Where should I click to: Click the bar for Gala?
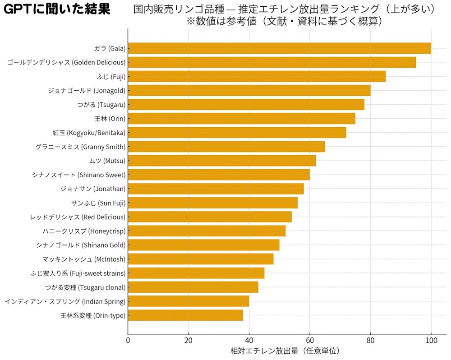coord(280,48)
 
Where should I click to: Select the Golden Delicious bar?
coord(272,62)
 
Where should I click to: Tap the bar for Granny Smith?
coord(226,147)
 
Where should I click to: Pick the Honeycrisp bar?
coord(207,231)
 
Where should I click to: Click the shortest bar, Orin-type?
coord(185,315)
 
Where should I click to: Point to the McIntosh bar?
coord(201,259)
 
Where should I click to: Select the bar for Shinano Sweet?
coord(219,175)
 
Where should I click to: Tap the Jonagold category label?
coord(87,91)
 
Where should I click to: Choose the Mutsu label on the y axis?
coord(107,161)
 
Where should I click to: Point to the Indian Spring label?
coord(65,301)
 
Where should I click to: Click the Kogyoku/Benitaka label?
coord(89,133)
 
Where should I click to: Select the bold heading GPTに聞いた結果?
coord(56,9)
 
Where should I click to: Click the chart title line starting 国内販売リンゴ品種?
coord(284,9)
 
